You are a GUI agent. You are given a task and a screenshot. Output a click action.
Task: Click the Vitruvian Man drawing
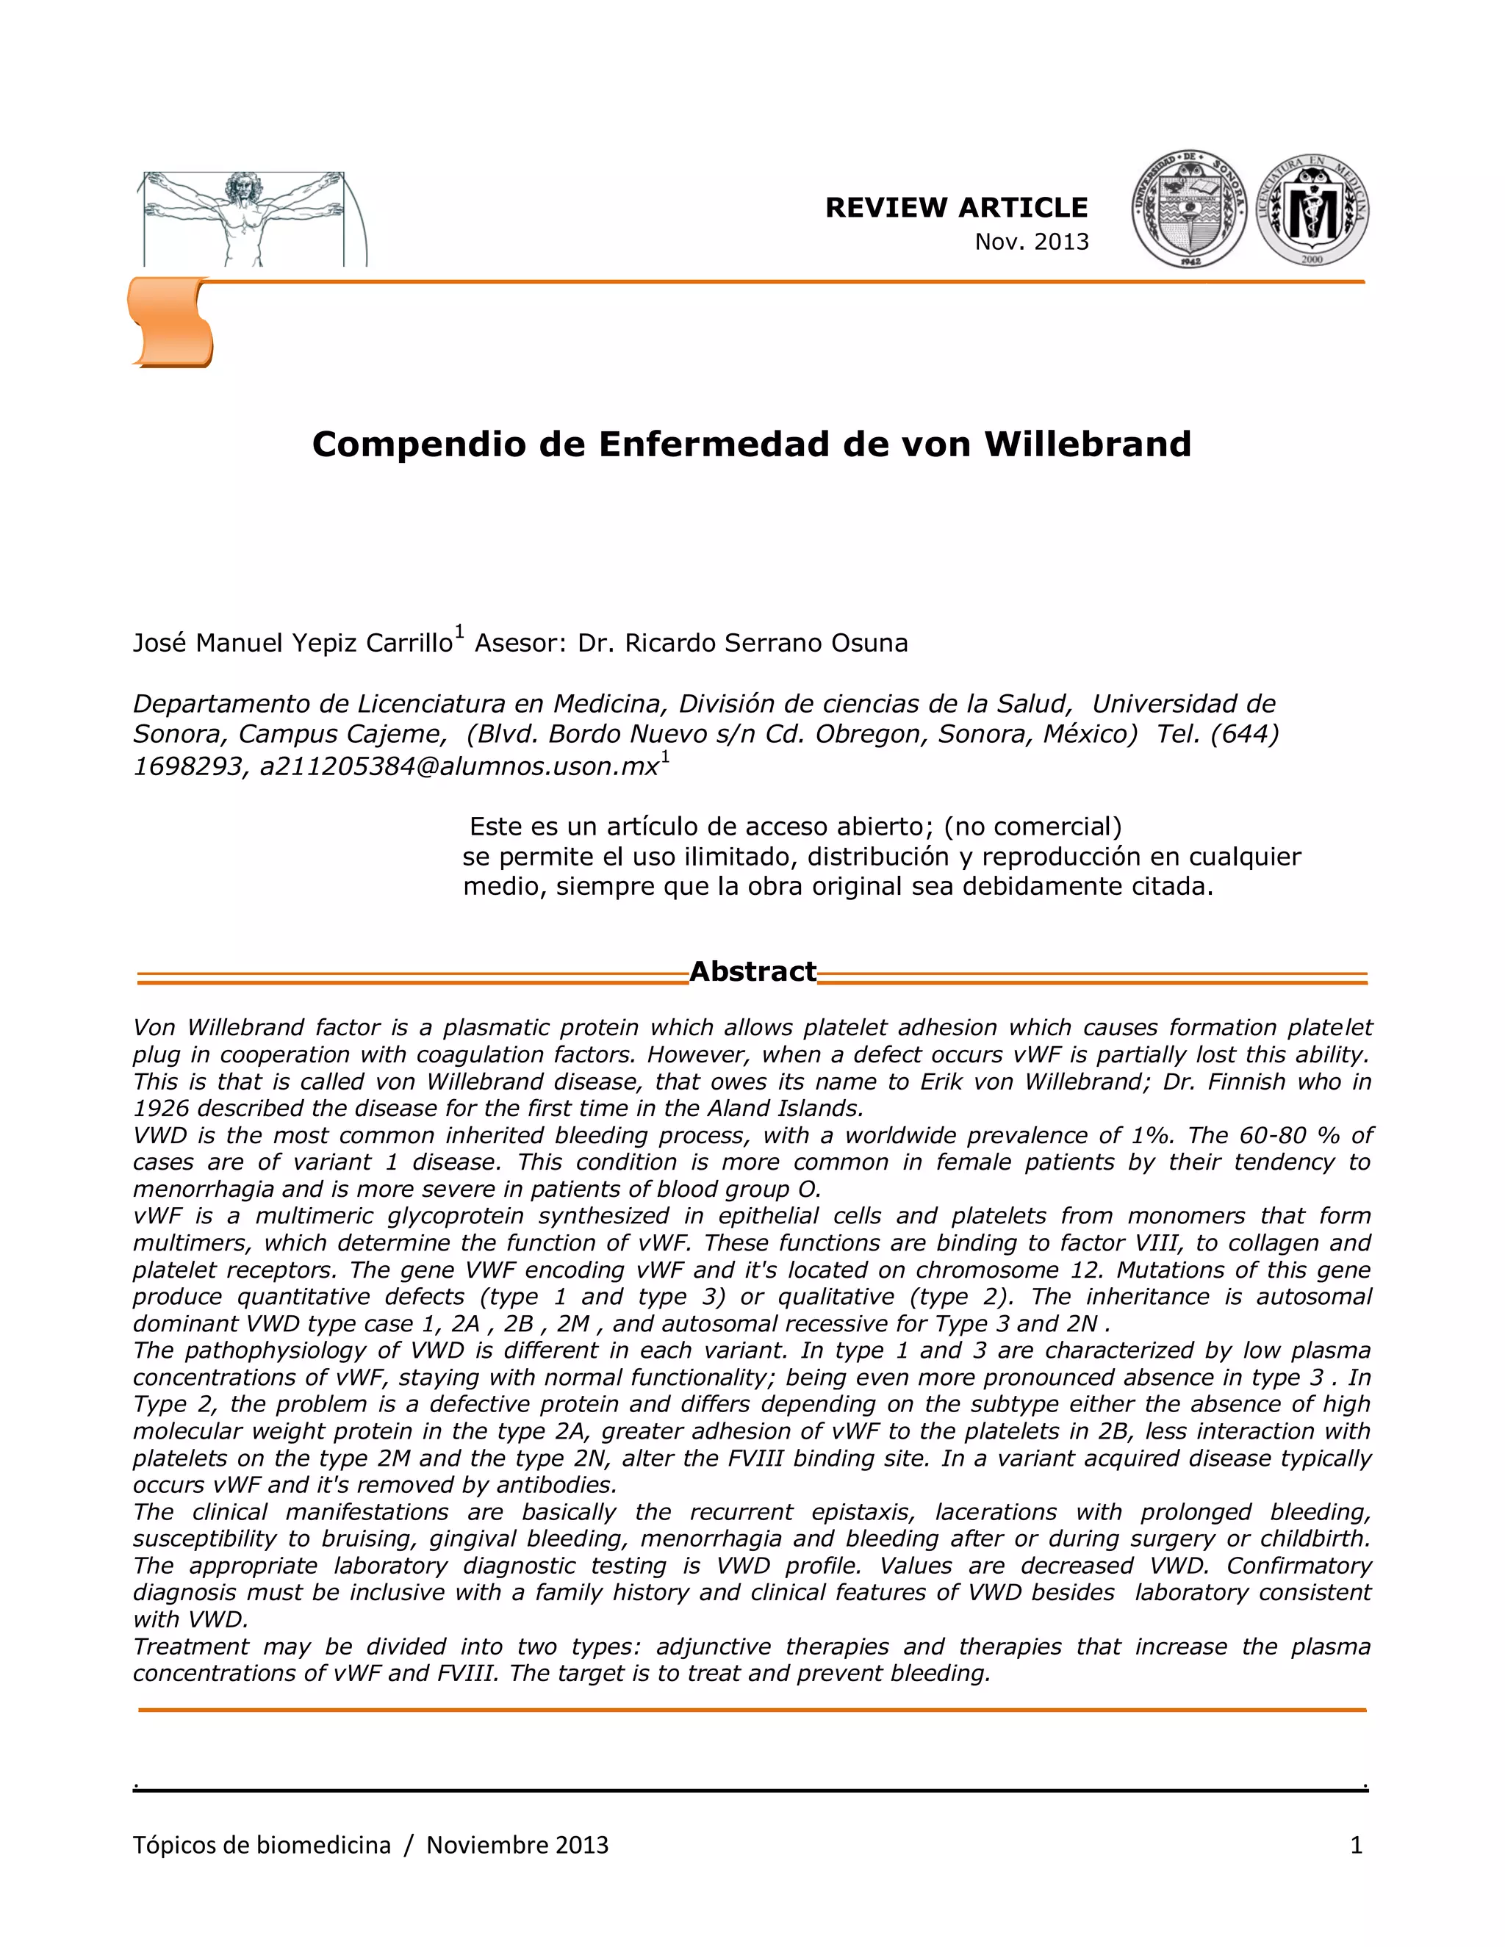tap(243, 218)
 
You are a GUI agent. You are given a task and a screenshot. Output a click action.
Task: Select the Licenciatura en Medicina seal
tap(1312, 210)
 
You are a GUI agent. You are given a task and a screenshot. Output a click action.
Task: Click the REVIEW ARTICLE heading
tap(956, 208)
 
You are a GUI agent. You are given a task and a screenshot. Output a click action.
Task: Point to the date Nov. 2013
tap(1032, 242)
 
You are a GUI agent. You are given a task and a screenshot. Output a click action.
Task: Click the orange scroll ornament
tap(171, 322)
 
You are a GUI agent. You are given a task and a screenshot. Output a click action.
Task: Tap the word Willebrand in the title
tap(1087, 444)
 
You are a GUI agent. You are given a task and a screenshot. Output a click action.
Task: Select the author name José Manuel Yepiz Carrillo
tap(292, 643)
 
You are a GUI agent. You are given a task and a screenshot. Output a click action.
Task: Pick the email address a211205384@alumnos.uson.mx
tap(459, 766)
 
